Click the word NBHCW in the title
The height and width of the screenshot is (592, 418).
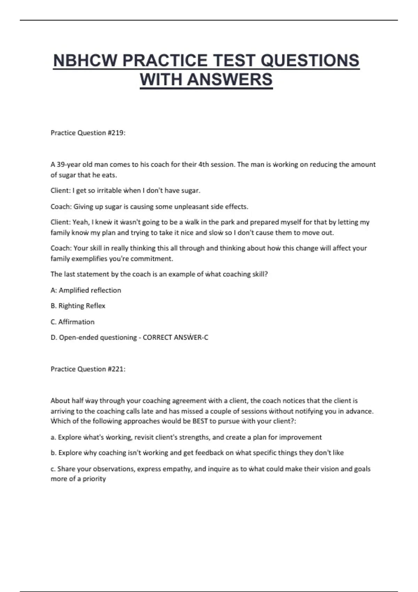(85, 61)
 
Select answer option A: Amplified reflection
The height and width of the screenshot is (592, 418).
(86, 290)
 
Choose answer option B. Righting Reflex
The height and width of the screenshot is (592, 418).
(78, 306)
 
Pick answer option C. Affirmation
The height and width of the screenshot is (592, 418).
(72, 322)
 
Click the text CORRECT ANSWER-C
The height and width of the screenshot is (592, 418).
(176, 337)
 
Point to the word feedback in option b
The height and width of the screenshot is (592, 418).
(209, 453)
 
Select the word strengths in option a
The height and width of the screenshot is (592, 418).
(194, 437)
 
